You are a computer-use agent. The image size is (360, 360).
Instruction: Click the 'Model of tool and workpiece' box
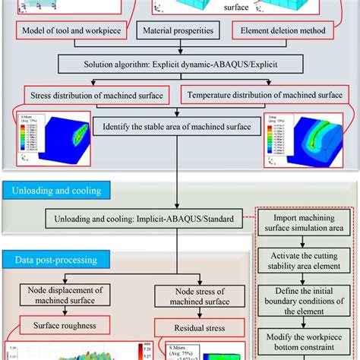pos(71,32)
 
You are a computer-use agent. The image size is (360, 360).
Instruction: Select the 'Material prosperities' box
pos(178,32)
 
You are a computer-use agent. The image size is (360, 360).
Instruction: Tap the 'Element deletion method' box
pos(282,32)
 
